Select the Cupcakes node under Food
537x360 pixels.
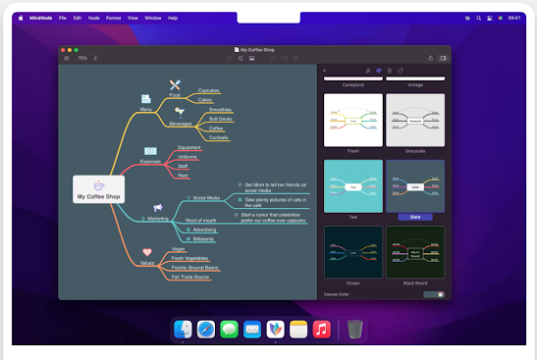(208, 90)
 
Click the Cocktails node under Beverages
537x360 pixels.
(218, 137)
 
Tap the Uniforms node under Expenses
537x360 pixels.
(188, 157)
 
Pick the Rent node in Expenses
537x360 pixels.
(183, 176)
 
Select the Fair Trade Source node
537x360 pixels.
(189, 277)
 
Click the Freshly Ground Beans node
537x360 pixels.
(194, 267)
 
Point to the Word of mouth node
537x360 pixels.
(200, 220)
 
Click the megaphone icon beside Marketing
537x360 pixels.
(157, 207)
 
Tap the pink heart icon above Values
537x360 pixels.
(146, 252)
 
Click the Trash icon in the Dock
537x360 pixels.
(354, 331)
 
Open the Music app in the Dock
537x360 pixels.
(321, 331)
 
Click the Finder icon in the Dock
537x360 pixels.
(183, 331)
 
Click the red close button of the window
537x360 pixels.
(63, 49)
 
